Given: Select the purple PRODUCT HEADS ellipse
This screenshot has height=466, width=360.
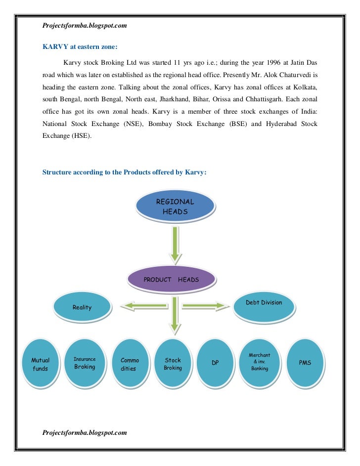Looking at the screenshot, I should click(x=172, y=279).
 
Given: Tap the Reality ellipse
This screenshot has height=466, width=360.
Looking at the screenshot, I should click(x=82, y=307).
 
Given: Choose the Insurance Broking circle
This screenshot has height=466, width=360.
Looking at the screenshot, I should click(x=85, y=363).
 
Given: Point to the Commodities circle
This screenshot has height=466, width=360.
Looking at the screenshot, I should click(x=129, y=365).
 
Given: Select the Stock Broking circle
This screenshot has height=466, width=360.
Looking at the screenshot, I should click(x=173, y=365).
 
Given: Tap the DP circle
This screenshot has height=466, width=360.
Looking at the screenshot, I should click(x=215, y=363).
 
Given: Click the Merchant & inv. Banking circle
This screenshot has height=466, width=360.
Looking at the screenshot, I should click(x=260, y=362).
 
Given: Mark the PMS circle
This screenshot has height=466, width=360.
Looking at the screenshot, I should click(x=305, y=363).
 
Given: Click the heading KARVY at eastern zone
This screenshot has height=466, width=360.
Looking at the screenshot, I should click(x=80, y=47).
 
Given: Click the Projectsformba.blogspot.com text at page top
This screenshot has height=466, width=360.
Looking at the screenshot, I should click(x=85, y=25).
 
